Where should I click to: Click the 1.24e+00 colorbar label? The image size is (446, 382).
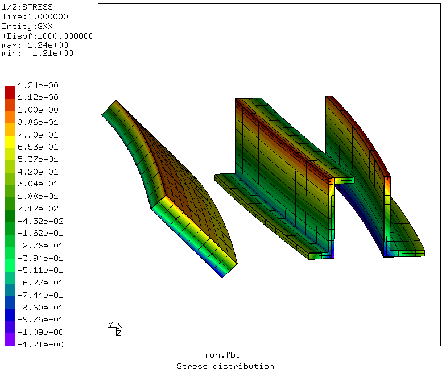(38, 85)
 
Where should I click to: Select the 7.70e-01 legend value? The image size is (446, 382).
(38, 135)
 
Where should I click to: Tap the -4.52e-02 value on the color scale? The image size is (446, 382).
(40, 221)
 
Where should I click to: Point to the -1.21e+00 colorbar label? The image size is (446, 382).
(40, 344)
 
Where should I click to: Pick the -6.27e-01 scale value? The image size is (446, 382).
(40, 283)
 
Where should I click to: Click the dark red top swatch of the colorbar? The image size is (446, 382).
(10, 93)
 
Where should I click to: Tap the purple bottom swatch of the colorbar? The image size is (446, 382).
(10, 339)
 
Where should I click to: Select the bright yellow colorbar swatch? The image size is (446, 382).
(10, 142)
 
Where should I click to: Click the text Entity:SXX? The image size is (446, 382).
(27, 26)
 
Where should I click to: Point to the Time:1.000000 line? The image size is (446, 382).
(35, 17)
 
